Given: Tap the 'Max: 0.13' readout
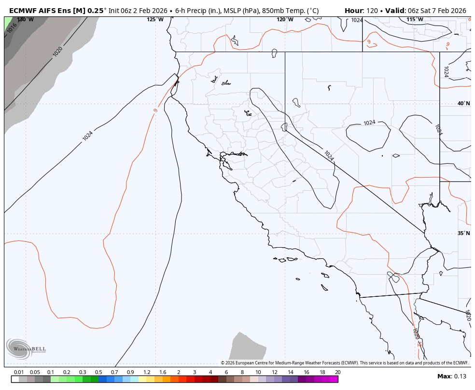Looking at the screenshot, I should (x=452, y=376).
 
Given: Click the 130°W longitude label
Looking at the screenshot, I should (x=25, y=20).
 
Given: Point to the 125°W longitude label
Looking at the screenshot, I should (x=155, y=20).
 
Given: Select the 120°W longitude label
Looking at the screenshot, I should (x=285, y=20).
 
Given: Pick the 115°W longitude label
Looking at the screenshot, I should (x=415, y=20).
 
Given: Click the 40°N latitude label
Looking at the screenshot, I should (x=463, y=104).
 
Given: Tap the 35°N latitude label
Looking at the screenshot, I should (x=463, y=234).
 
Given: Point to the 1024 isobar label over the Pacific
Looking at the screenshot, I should (x=87, y=136).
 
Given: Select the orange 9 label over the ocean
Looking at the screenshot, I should (x=155, y=111).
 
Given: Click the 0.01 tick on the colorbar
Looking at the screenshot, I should (x=19, y=372).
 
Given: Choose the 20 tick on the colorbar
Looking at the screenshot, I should (x=337, y=372).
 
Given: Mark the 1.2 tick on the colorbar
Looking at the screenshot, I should (x=147, y=372).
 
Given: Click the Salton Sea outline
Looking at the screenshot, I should (x=393, y=277).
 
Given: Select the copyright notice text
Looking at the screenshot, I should (x=344, y=363).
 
